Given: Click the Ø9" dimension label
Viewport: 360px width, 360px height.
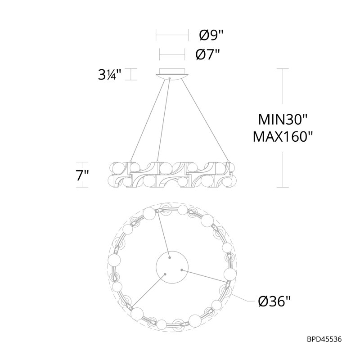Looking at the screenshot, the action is point(211,35).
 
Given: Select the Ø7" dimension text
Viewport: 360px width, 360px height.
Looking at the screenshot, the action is point(207,54).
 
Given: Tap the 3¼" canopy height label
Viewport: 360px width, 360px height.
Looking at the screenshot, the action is point(109,74).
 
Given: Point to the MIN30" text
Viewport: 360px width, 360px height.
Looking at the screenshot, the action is point(283,120).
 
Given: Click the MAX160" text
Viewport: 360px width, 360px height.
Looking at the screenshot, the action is point(283,137).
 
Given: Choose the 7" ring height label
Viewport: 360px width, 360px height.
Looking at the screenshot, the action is point(82,175).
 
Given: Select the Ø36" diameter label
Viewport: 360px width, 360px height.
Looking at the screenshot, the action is point(274,301).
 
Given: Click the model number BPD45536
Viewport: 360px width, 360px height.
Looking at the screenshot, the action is point(324,339).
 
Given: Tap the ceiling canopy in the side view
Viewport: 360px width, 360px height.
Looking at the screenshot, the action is point(172,73).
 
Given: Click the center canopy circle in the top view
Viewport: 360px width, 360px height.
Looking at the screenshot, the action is point(172,267).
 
